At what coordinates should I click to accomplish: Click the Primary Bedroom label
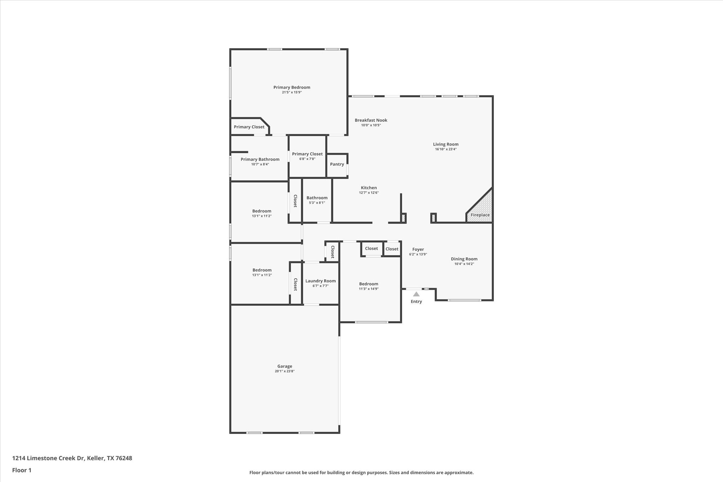point(292,87)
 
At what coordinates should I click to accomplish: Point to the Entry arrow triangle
point(416,294)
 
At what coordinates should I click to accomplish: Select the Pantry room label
point(337,164)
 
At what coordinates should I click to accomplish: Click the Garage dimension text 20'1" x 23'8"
point(285,371)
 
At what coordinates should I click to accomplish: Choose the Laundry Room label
point(320,281)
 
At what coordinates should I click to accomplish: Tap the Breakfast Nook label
point(371,120)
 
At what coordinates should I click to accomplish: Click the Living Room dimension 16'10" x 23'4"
point(446,149)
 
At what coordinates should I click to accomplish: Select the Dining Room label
point(464,259)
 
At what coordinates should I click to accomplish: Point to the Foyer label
point(418,249)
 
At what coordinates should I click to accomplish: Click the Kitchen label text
point(369,188)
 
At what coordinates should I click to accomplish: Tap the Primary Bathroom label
point(260,159)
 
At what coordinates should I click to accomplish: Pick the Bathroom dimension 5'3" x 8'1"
point(317,203)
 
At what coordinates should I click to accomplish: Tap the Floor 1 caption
point(22,470)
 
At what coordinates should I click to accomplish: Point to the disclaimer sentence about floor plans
point(361,472)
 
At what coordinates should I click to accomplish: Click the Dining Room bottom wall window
point(464,300)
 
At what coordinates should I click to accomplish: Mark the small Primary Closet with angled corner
point(249,127)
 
